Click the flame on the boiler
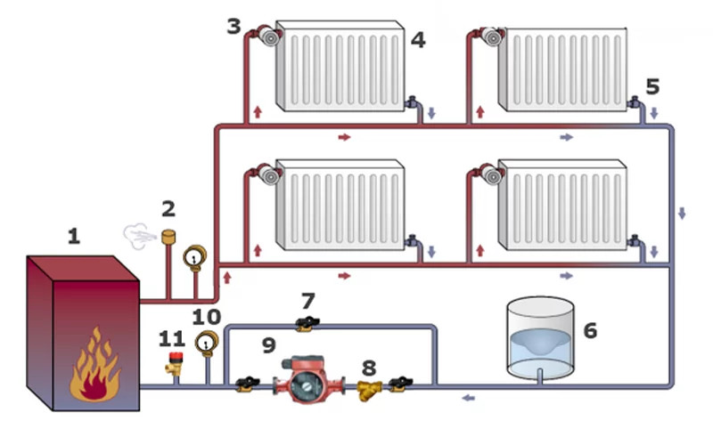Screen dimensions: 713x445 (94, 367)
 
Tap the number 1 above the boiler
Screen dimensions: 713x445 (74, 236)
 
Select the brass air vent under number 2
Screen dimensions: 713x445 (168, 238)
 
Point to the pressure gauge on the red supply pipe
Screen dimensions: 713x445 (194, 258)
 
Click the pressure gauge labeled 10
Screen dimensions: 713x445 (207, 344)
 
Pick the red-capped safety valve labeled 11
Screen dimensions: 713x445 (175, 363)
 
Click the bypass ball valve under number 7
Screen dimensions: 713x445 (307, 324)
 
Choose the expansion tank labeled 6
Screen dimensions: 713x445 (540, 338)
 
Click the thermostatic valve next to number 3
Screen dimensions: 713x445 (268, 36)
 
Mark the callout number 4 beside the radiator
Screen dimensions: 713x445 (418, 40)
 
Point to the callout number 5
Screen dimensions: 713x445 (652, 86)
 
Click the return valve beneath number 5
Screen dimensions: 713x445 (635, 102)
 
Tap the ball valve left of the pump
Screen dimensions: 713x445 (248, 384)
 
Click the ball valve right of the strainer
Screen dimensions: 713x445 (400, 384)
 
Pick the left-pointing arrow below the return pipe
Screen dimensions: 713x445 (469, 398)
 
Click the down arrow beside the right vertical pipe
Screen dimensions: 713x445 (682, 213)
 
